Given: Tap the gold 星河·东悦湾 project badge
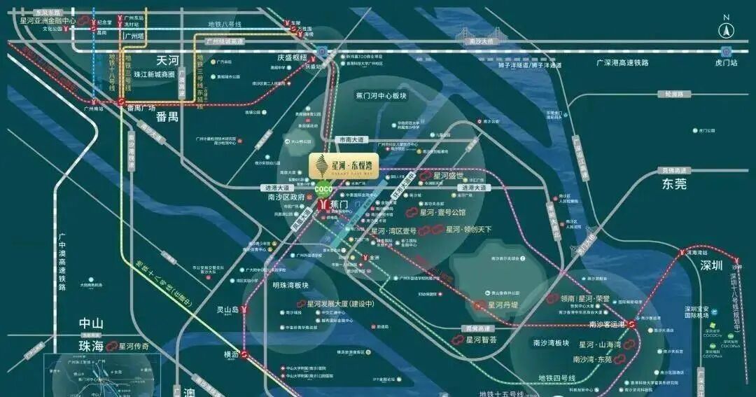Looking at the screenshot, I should click(343, 165).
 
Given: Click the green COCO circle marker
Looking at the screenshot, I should click(323, 189).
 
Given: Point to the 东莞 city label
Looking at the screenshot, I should click(674, 183).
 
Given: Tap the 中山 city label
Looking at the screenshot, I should click(91, 323).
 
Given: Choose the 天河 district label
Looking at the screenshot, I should click(168, 61).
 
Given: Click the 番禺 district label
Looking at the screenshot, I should click(167, 116).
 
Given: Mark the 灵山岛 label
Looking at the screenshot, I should click(227, 309).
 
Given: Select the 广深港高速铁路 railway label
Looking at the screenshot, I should click(622, 62).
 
